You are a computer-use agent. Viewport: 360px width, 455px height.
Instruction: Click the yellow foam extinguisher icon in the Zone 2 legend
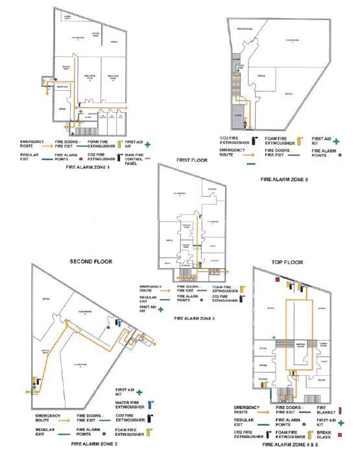241,288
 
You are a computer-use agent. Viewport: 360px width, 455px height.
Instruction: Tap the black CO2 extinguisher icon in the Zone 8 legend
254,140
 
